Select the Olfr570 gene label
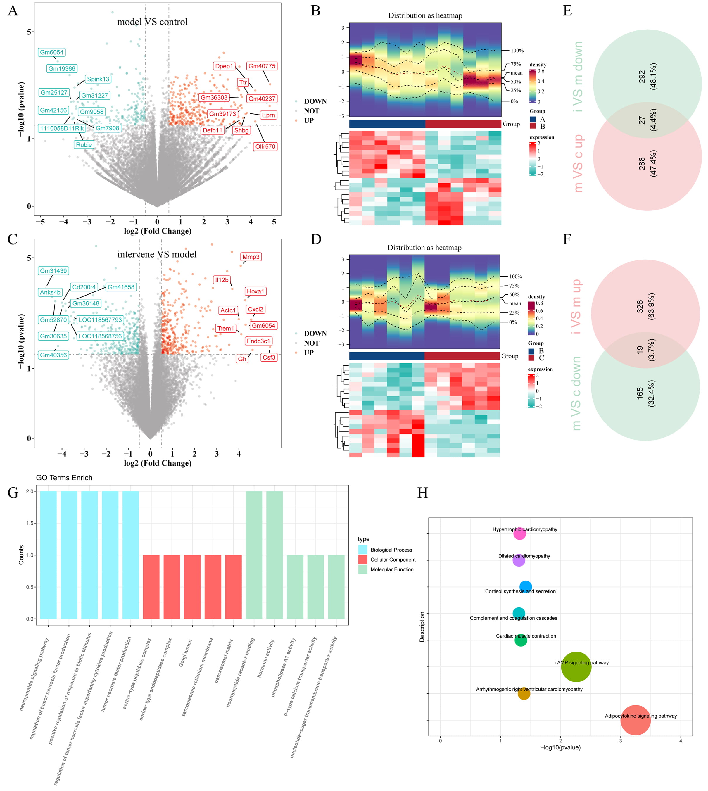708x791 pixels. [x=265, y=147]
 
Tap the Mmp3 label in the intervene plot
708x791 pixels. [x=251, y=257]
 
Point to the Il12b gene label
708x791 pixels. [x=222, y=280]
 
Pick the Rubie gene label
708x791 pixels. [x=84, y=145]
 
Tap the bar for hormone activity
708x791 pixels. [x=275, y=555]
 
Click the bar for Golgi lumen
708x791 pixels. [x=192, y=586]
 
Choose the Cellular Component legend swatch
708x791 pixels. [x=362, y=559]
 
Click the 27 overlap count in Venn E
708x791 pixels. [x=642, y=120]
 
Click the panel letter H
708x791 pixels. [x=422, y=493]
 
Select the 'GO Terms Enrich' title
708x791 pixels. [x=64, y=478]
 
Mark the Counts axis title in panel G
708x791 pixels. [x=21, y=555]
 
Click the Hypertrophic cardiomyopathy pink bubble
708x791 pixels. [x=520, y=533]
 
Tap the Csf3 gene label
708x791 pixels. [x=269, y=357]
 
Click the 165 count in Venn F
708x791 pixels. [x=640, y=393]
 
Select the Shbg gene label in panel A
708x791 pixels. [x=241, y=130]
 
